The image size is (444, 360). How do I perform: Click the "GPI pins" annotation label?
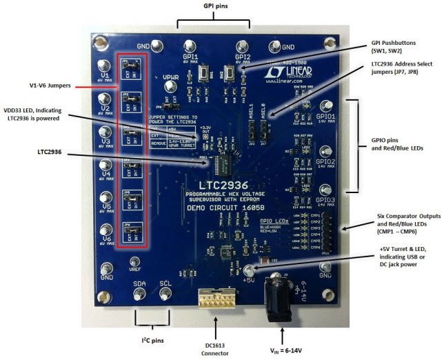tap(212, 6)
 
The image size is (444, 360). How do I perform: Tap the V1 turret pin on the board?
tap(105, 65)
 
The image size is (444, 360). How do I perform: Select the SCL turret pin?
tap(165, 293)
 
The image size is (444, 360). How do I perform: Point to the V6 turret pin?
tap(105, 230)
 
